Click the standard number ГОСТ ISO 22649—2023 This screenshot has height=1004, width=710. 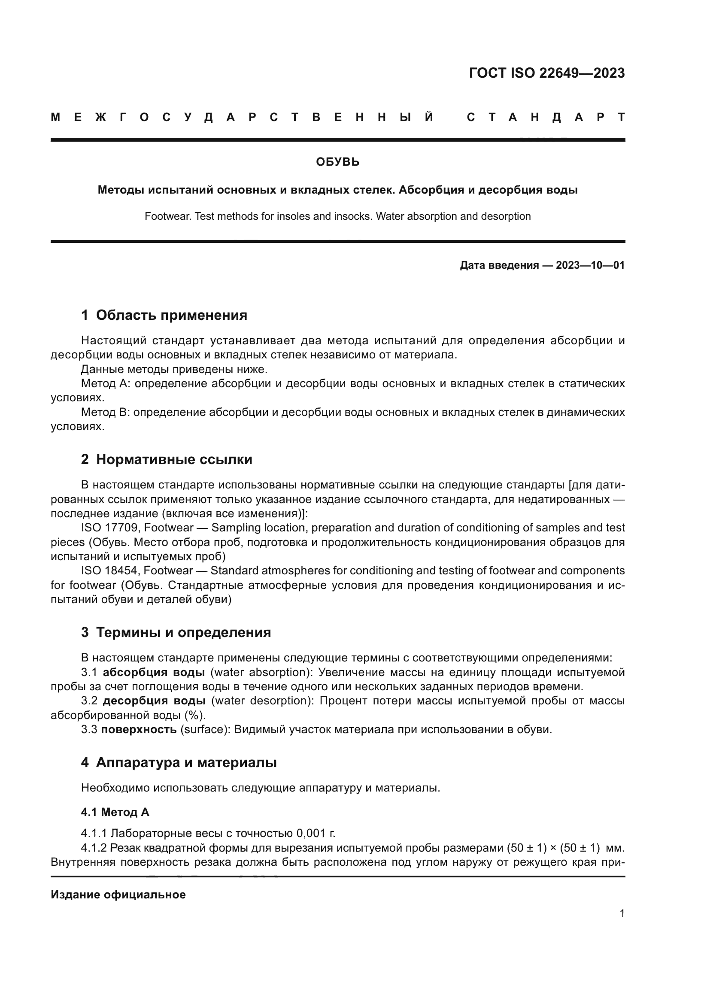tap(546, 73)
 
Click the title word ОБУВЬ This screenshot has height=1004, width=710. tap(337, 162)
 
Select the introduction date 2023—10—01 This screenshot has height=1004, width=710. tap(590, 265)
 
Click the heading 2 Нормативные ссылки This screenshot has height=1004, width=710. tap(167, 459)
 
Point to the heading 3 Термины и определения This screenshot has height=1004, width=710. tap(176, 632)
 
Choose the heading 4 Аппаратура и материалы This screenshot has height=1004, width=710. tap(179, 762)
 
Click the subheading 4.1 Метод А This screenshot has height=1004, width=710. tap(115, 812)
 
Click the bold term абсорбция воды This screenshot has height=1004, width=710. tap(154, 672)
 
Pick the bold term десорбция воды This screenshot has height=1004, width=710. tap(155, 701)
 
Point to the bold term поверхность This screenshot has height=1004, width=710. tap(139, 729)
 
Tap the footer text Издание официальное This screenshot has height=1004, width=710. tap(118, 895)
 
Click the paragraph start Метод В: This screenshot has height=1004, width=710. tap(105, 413)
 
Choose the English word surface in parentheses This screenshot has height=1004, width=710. tap(202, 729)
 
